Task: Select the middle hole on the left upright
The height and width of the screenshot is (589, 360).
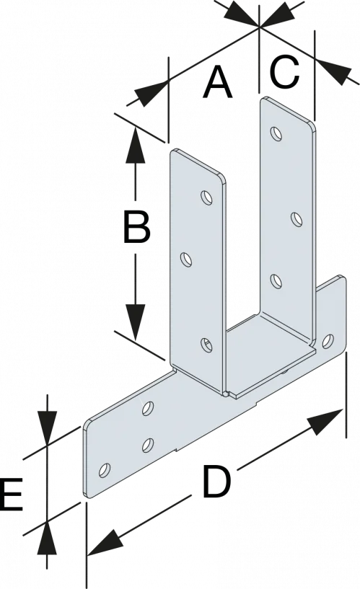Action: click(185, 257)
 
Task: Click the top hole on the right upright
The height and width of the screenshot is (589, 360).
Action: click(273, 133)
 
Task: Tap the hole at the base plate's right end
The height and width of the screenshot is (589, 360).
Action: click(328, 340)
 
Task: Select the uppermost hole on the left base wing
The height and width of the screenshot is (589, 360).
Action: click(149, 408)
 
